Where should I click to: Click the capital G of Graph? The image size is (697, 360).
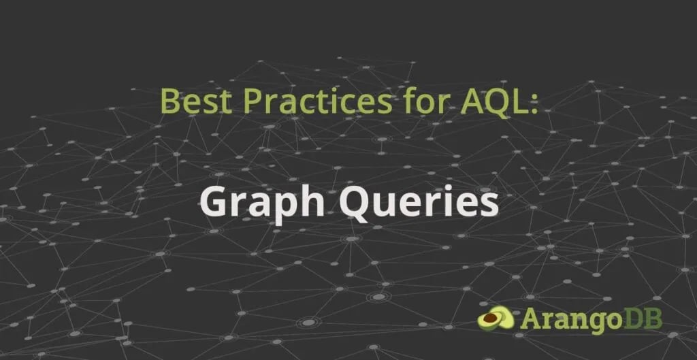(x=213, y=202)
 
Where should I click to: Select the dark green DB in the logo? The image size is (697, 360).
(x=643, y=318)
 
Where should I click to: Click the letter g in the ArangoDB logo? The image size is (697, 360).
(x=597, y=321)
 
